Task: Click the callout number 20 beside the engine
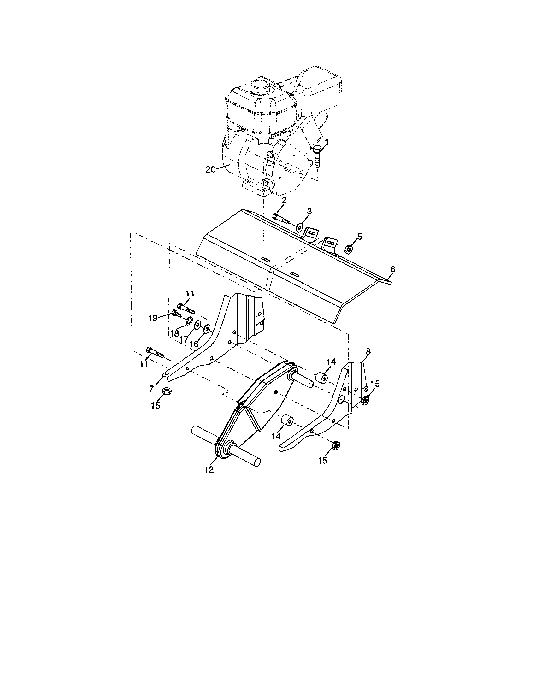click(x=210, y=169)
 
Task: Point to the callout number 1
click(x=327, y=141)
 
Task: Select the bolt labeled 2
click(x=281, y=219)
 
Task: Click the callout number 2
click(x=284, y=200)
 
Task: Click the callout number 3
click(x=309, y=211)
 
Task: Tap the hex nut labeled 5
click(x=348, y=250)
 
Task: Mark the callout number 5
click(x=359, y=236)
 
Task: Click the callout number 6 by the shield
click(x=393, y=269)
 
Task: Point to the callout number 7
click(x=152, y=388)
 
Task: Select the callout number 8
click(x=368, y=351)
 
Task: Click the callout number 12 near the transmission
click(x=209, y=470)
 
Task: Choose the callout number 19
click(x=153, y=318)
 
